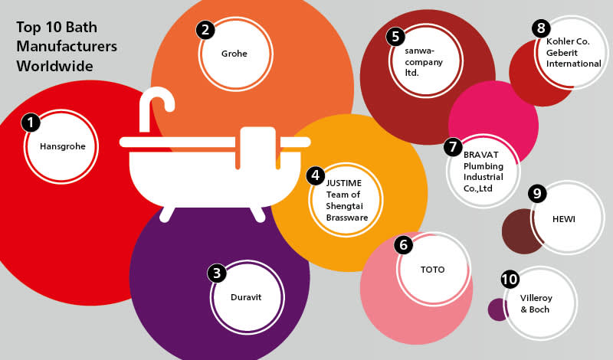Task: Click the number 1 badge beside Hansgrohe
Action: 30,123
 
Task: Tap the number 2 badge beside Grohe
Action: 205,31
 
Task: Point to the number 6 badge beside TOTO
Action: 403,246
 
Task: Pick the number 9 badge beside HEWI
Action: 537,194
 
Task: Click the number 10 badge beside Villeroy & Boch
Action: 510,280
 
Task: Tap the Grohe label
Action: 234,54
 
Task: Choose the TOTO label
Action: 432,270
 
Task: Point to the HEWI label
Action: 564,219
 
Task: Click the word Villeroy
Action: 538,297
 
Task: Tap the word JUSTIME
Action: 343,182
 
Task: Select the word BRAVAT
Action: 480,153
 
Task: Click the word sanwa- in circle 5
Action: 421,51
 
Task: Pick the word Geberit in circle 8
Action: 563,52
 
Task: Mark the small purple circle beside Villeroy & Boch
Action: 499,309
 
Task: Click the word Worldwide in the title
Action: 54,66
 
